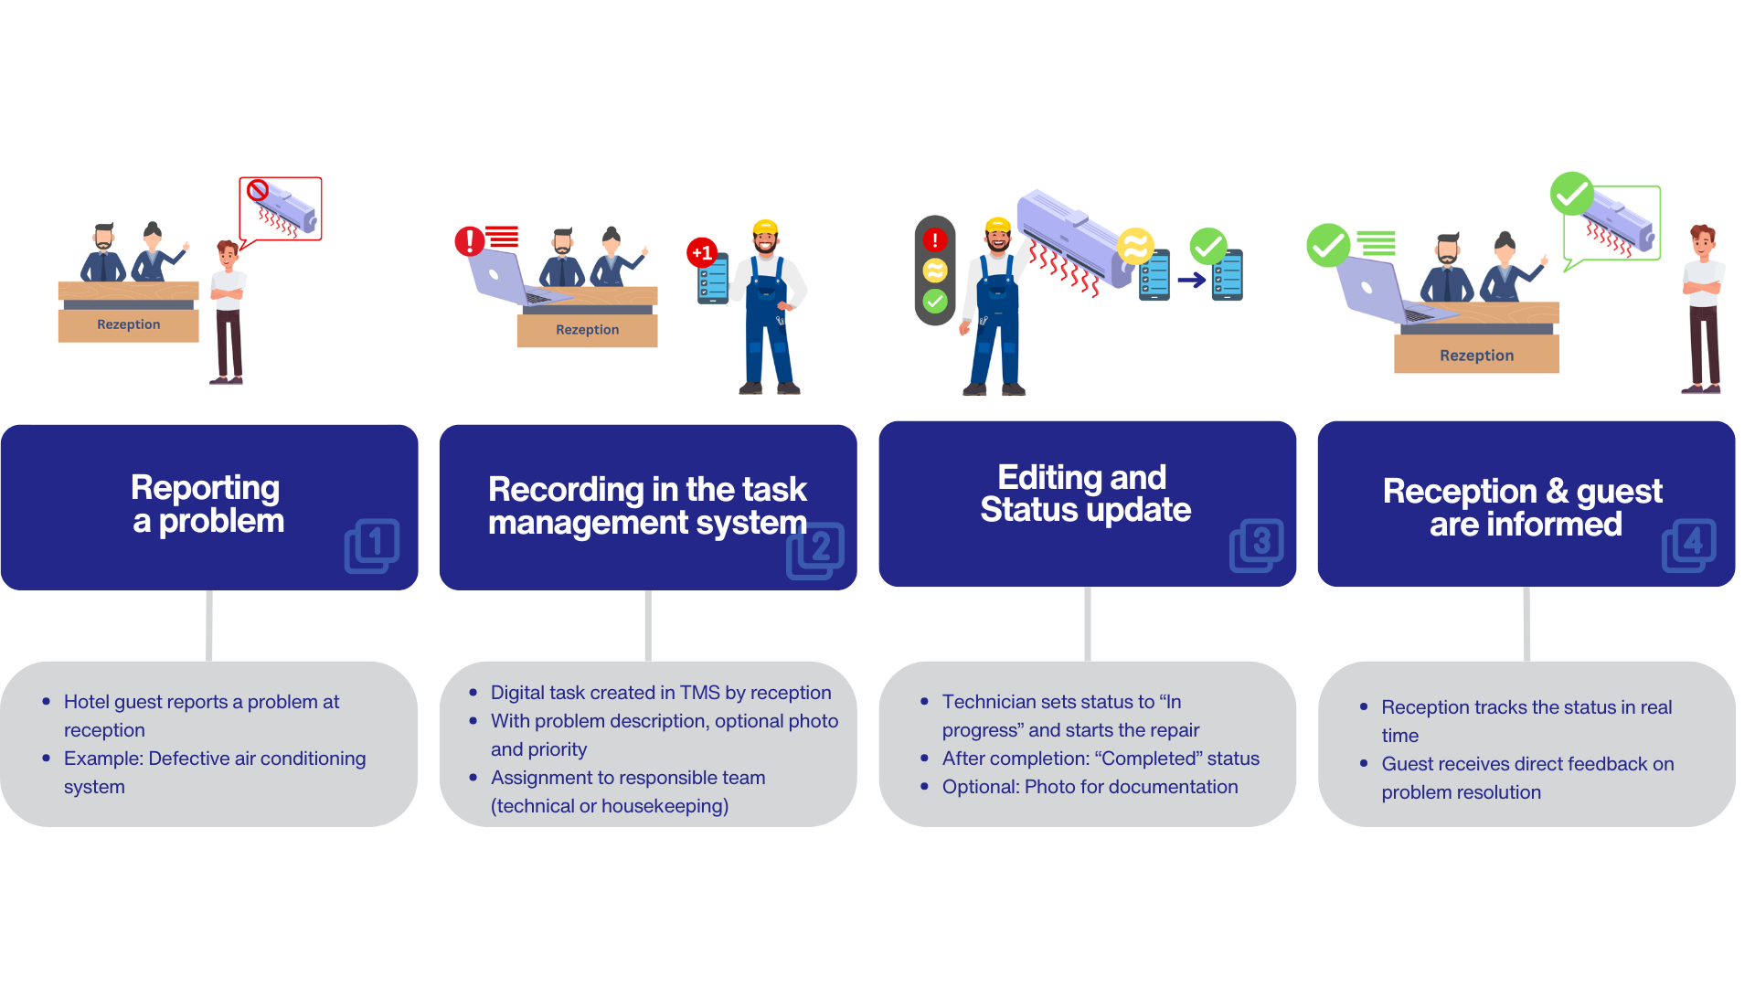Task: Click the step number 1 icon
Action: point(372,546)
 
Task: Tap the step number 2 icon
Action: point(814,550)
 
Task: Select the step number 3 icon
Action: point(1257,546)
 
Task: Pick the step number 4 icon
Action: point(1689,546)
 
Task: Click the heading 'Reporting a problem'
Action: point(207,504)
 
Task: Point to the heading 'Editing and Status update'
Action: point(1085,493)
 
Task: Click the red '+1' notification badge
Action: point(701,252)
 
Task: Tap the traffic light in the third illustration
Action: point(935,271)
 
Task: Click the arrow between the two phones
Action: point(1191,280)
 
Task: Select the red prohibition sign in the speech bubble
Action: point(258,190)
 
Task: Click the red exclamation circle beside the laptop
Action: point(470,241)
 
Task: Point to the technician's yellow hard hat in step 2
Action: point(765,228)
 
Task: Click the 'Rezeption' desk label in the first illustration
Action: point(129,324)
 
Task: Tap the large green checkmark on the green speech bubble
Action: point(1571,194)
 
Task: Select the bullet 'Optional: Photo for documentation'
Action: point(1090,787)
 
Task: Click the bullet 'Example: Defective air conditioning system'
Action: point(215,772)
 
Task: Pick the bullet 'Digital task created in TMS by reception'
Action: point(660,693)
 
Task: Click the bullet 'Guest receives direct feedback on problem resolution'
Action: point(1526,778)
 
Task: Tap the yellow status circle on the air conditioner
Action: point(1135,246)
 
